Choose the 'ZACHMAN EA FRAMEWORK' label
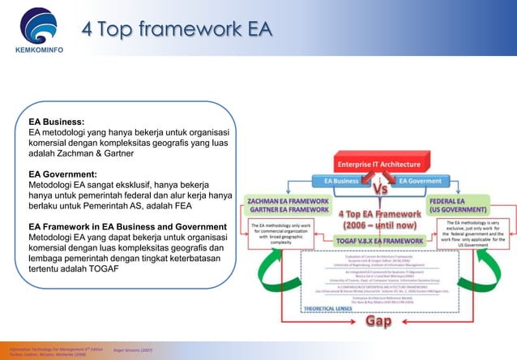pyautogui.click(x=288, y=200)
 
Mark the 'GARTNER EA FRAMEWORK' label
pyautogui.click(x=288, y=211)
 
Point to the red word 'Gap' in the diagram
pyautogui.click(x=385, y=323)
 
